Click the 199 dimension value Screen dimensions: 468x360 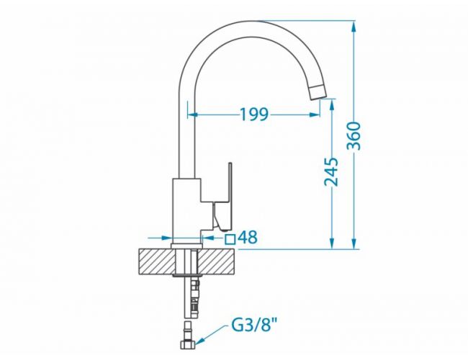[x=254, y=114]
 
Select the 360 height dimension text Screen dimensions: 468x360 [x=354, y=135]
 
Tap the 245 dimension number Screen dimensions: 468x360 [x=332, y=172]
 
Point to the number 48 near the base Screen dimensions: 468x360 [x=248, y=238]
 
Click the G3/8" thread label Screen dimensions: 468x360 [x=253, y=325]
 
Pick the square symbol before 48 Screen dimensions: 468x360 [x=230, y=239]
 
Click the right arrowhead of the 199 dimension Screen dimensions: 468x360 [x=315, y=114]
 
